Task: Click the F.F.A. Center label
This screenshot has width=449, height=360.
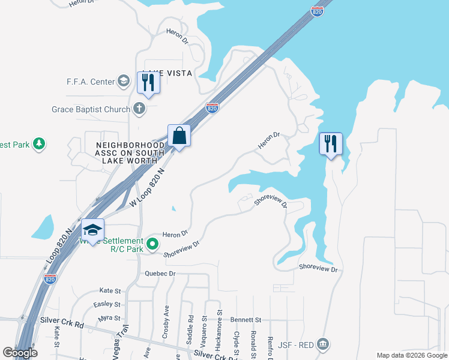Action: pyautogui.click(x=91, y=81)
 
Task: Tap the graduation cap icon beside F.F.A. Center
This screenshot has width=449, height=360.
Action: pyautogui.click(x=124, y=81)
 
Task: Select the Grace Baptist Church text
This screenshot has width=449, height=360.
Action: pyautogui.click(x=91, y=109)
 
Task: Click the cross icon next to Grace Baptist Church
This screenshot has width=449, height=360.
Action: pyautogui.click(x=139, y=109)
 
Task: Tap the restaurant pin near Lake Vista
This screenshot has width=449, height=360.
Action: pyautogui.click(x=148, y=82)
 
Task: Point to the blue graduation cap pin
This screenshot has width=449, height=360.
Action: pyautogui.click(x=93, y=230)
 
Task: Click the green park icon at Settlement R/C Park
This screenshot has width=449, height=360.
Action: pyautogui.click(x=152, y=244)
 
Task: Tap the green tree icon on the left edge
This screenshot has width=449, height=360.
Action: pyautogui.click(x=39, y=144)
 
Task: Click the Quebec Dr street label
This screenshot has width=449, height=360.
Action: pyautogui.click(x=160, y=274)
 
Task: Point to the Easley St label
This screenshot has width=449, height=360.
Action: pyautogui.click(x=107, y=304)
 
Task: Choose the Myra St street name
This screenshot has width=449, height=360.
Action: pyautogui.click(x=110, y=317)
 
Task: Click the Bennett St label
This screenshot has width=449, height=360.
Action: pyautogui.click(x=247, y=320)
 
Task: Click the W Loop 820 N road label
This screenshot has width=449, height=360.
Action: pyautogui.click(x=147, y=188)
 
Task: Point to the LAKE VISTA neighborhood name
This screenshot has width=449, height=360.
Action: pyautogui.click(x=167, y=73)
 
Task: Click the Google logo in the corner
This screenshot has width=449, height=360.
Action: pyautogui.click(x=20, y=353)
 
